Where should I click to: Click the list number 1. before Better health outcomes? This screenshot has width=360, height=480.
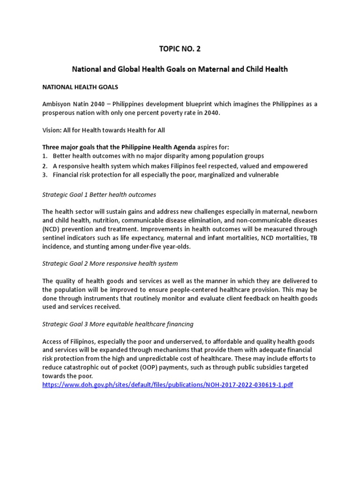45,156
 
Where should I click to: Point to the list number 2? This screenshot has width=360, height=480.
45,166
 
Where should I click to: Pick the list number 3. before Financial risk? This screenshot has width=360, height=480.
45,175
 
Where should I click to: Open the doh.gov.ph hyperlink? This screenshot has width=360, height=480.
167,384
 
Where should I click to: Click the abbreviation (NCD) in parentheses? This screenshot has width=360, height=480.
51,229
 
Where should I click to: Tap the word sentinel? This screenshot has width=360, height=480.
55,238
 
